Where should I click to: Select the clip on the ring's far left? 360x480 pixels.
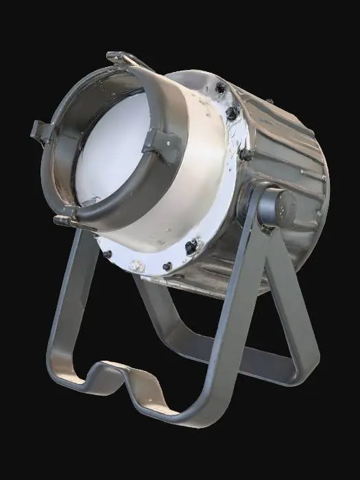[x=41, y=130]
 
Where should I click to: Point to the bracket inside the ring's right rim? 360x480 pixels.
[x=161, y=145]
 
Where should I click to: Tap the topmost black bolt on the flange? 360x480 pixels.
[x=220, y=88]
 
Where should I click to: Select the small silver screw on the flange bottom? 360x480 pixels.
[x=137, y=265]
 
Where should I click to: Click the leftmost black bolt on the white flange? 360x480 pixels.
[x=107, y=254]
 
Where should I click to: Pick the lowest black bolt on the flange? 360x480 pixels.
[x=167, y=266]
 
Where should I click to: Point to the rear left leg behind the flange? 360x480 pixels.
[x=147, y=302]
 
